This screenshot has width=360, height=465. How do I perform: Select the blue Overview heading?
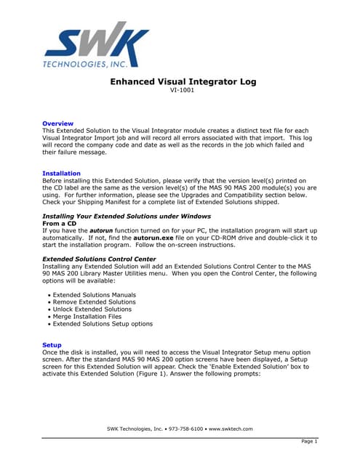coord(57,124)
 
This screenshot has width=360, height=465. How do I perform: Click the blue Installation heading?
coord(62,174)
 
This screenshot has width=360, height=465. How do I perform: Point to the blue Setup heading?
coord(52,344)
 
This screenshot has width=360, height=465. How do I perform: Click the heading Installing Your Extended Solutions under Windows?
coord(127,217)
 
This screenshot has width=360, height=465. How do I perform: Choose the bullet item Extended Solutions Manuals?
coord(94,295)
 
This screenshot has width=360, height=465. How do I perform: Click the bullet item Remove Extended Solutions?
coord(94,302)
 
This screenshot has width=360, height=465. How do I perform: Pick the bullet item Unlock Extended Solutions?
coord(92,310)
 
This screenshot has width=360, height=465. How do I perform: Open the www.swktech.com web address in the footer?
coord(231,429)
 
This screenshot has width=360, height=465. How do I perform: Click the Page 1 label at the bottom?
coord(309,442)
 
